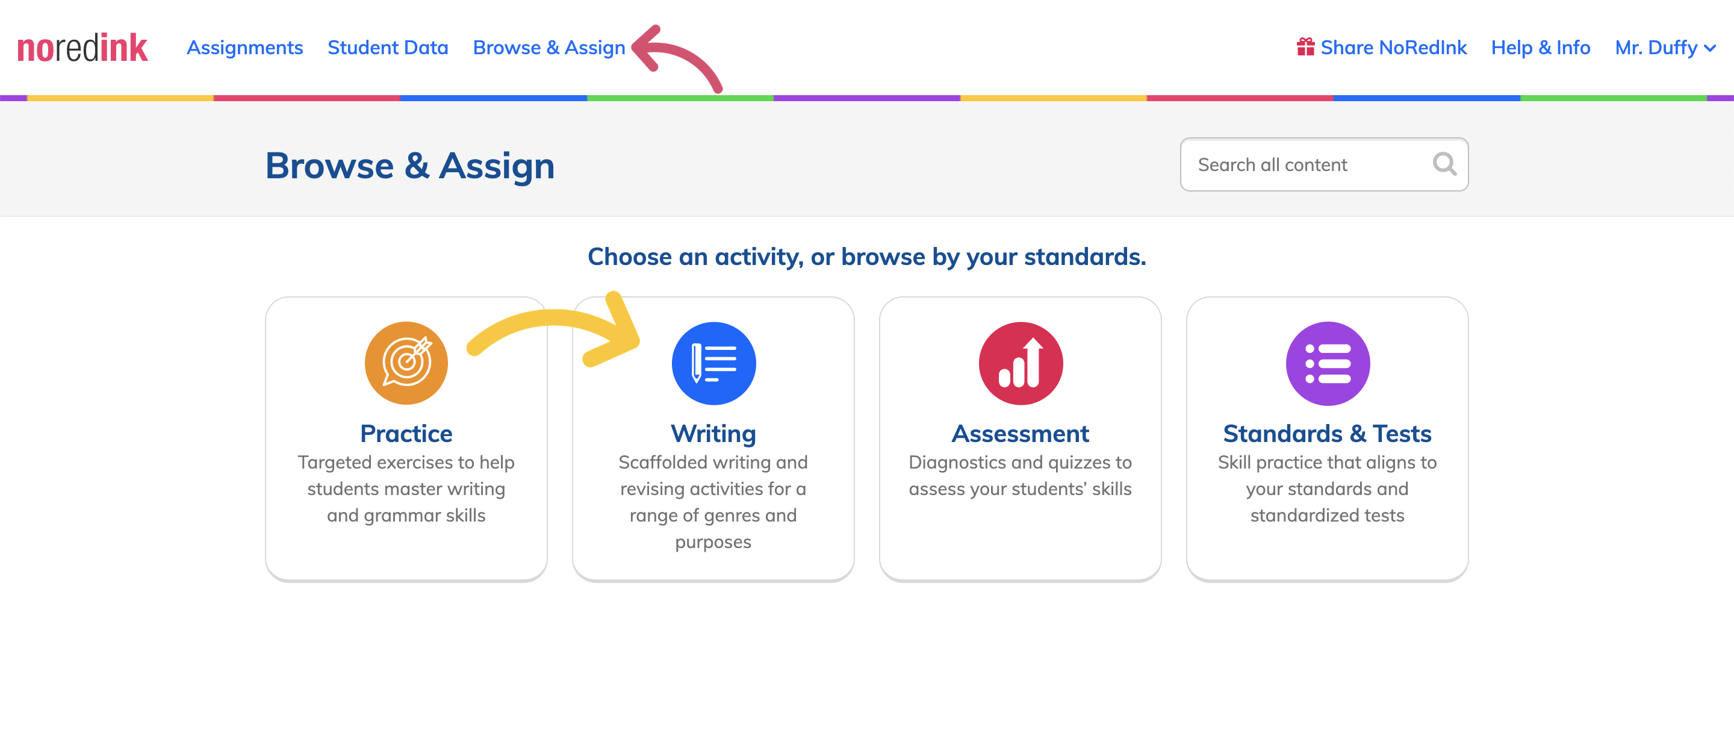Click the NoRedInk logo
(x=82, y=48)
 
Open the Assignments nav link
(x=245, y=48)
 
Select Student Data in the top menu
(x=388, y=48)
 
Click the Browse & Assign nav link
(x=549, y=48)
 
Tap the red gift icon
(x=1306, y=47)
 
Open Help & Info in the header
(x=1540, y=48)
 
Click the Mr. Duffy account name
(x=1656, y=48)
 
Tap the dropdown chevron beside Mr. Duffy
(x=1710, y=48)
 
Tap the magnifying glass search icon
(x=1444, y=164)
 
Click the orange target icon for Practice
(x=406, y=363)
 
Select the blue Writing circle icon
(x=713, y=363)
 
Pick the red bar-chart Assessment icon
(x=1021, y=363)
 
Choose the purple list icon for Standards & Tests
(x=1328, y=363)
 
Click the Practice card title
(x=406, y=434)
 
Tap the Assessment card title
(x=1021, y=434)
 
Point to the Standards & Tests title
(x=1328, y=434)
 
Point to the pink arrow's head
(x=636, y=47)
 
